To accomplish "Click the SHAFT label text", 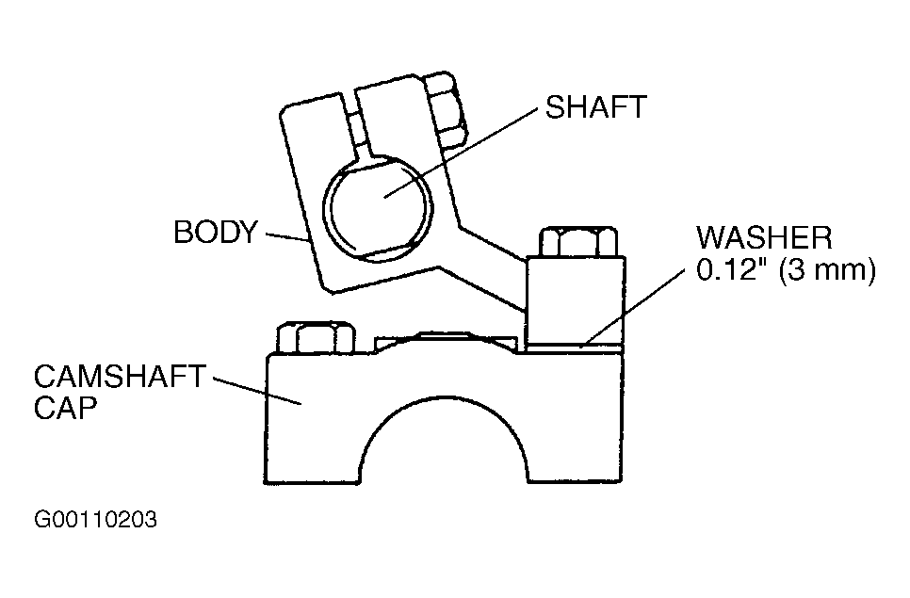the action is [x=596, y=106].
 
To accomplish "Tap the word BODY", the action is [x=216, y=232].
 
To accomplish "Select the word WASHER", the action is [x=764, y=237].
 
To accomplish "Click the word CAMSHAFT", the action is [x=120, y=377].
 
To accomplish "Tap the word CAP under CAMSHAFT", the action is [x=65, y=409].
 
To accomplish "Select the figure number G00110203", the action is [x=95, y=519].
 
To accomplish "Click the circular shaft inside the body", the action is [x=378, y=209].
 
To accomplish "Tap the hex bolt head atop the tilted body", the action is [x=447, y=109].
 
